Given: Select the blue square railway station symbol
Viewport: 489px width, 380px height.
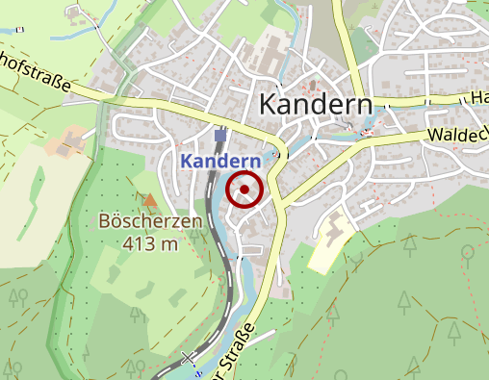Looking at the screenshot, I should [x=220, y=136].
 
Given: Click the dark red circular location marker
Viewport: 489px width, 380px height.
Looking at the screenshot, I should [x=244, y=190].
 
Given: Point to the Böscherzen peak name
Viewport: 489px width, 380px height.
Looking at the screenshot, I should [x=150, y=222].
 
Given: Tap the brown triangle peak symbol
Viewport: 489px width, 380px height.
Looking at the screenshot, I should [x=150, y=200].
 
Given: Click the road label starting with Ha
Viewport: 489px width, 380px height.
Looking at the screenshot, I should [x=477, y=97].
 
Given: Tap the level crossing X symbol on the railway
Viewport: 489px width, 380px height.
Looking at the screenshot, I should [x=190, y=359].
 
